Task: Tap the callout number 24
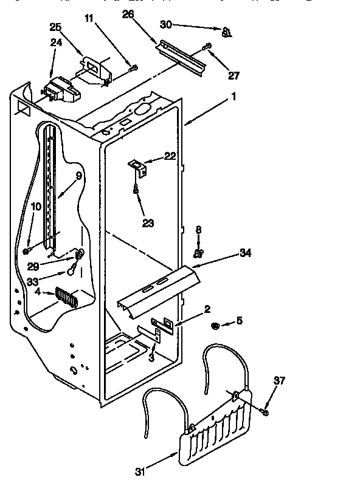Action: click(x=55, y=43)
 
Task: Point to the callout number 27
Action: click(x=234, y=76)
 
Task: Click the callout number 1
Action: click(x=234, y=95)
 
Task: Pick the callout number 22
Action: click(x=170, y=157)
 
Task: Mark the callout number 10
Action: click(x=36, y=207)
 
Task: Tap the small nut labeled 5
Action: click(x=215, y=327)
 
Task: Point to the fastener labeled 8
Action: click(x=198, y=252)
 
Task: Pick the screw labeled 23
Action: click(x=136, y=191)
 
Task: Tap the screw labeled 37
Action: click(x=265, y=412)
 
